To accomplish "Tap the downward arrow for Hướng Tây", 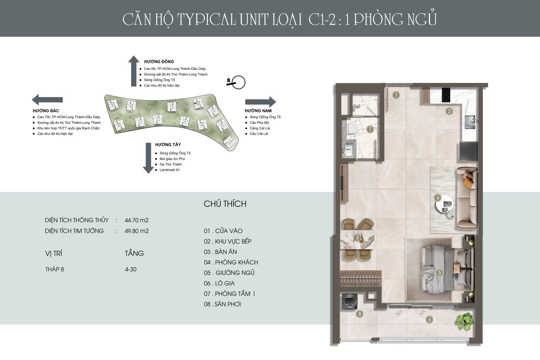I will pos(148,158).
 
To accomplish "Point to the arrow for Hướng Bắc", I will pos(47,100).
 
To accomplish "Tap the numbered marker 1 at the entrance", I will pos(396,95).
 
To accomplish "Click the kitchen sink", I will pos(470,122).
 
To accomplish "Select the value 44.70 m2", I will pos(136,220).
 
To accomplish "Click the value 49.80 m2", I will pos(136,231).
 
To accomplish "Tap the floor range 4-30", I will pos(130,269).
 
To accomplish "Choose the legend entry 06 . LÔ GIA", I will pos(219,283).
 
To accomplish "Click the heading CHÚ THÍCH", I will pos(225,204).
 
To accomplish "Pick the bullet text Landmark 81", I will pos(169,170).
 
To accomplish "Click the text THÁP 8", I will pos(54,269).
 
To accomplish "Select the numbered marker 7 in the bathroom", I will pos(370,129).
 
